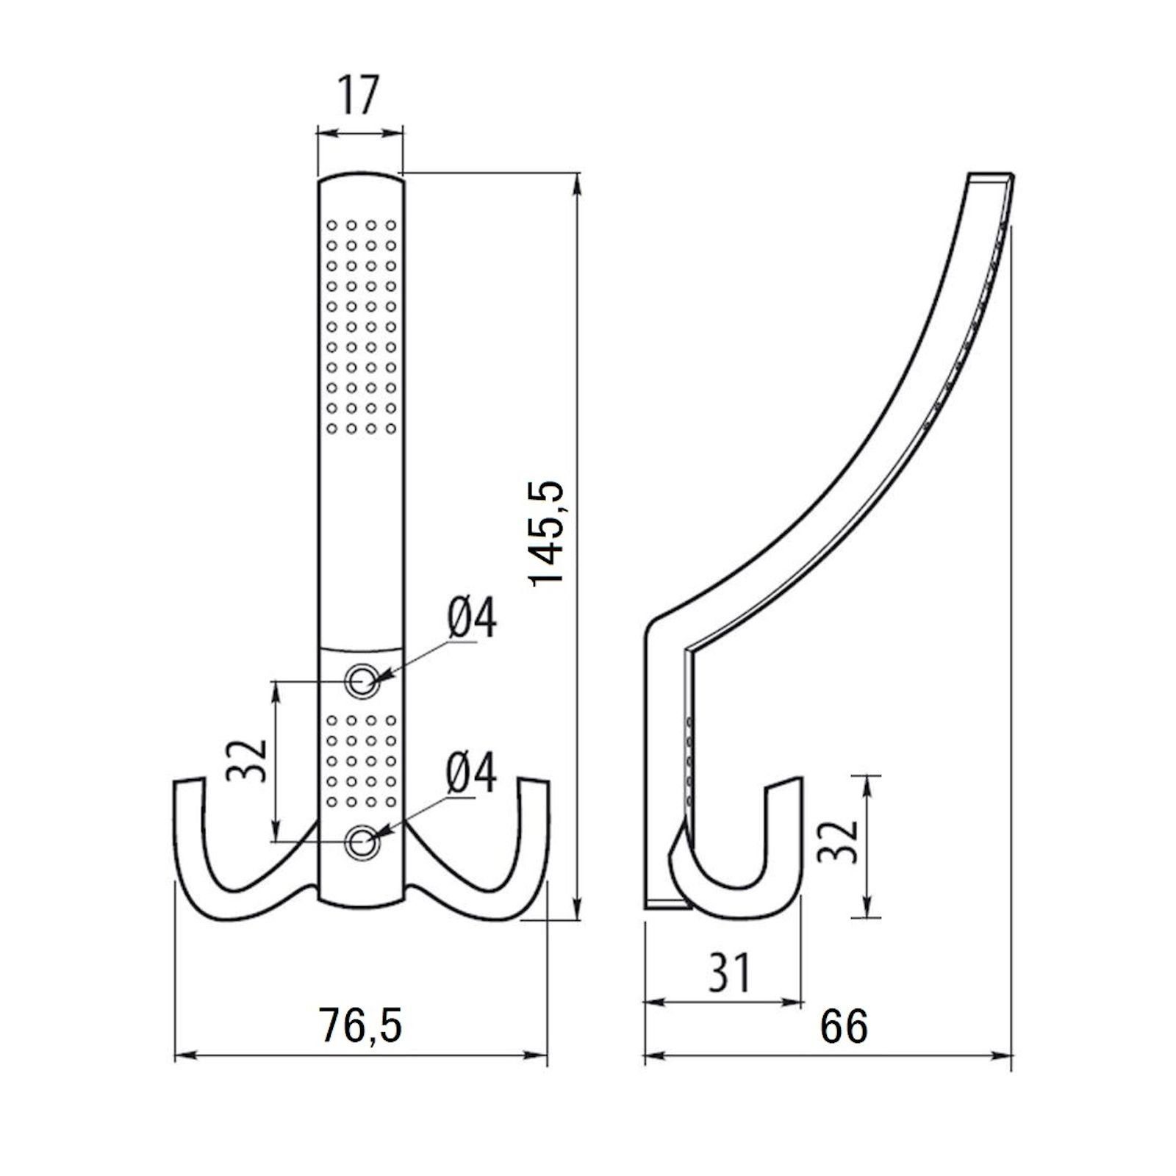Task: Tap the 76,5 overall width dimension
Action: pyautogui.click(x=361, y=1025)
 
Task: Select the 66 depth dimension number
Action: pyautogui.click(x=844, y=1026)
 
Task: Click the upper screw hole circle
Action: pyautogui.click(x=361, y=681)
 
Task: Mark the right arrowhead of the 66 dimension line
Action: pyautogui.click(x=1005, y=1058)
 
